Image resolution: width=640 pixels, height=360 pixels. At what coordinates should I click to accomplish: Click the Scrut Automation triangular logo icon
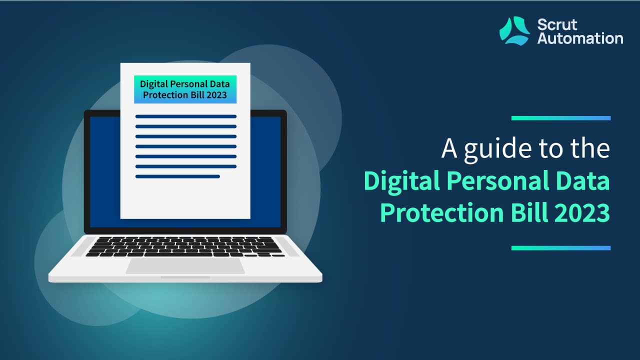[514, 31]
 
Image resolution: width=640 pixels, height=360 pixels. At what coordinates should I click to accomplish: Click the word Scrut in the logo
[557, 25]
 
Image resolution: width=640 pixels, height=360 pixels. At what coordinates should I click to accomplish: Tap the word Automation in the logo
[580, 38]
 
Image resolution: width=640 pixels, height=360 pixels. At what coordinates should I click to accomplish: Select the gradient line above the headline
[561, 118]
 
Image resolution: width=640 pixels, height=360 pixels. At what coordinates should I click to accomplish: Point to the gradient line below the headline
[561, 248]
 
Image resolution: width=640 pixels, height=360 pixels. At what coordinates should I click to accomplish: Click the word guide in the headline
[497, 150]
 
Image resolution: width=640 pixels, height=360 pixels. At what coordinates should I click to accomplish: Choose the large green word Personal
[498, 180]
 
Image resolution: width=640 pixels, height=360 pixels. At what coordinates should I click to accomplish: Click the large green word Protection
[441, 212]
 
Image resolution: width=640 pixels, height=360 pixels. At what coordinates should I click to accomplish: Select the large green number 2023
[582, 212]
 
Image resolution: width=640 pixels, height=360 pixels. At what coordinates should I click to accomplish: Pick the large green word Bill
[529, 212]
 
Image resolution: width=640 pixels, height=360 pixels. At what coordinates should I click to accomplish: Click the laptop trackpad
[185, 266]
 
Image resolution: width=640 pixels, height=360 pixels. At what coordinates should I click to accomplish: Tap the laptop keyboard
[185, 246]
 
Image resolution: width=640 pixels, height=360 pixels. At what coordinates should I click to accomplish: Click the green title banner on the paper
[185, 89]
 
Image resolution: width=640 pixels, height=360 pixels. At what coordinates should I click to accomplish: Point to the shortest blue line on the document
[177, 176]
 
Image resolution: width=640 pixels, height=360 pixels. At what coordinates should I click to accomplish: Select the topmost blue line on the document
[186, 116]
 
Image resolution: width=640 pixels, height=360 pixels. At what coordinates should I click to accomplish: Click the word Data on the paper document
[219, 84]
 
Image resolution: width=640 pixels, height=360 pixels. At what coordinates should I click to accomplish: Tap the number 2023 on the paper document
[216, 95]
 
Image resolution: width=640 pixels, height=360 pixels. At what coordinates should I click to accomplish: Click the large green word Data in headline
[583, 180]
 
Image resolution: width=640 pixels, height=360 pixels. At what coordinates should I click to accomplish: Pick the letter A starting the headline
[449, 148]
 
